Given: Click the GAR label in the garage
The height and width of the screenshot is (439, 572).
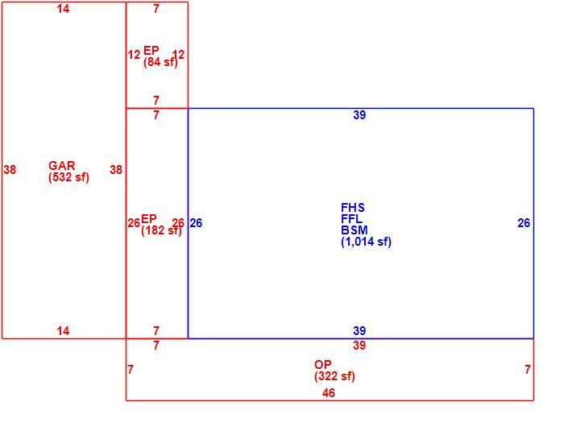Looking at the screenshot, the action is pos(62,166).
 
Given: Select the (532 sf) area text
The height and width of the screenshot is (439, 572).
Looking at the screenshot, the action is pos(68,177).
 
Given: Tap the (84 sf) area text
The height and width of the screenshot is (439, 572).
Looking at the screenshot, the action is pos(160,62).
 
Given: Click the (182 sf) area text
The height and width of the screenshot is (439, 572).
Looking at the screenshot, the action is pos(161,230).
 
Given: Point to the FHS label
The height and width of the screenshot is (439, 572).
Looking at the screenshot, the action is pos(352,208).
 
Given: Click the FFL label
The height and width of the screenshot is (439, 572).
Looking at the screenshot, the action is pos(352,219).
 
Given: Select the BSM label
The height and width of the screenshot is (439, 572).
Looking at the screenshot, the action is pos(354,230).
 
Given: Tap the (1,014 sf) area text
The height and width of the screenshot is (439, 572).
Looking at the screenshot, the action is pos(366,242).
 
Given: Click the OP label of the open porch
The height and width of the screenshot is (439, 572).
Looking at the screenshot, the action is pos(323,364).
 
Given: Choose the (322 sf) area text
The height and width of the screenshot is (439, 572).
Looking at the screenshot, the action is pos(334,376).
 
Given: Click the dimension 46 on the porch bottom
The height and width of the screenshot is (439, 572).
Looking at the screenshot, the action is pos(329,393).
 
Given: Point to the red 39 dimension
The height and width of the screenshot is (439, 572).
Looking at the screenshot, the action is pos(359,346).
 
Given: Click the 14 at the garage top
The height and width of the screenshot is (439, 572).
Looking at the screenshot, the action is pos(63,8).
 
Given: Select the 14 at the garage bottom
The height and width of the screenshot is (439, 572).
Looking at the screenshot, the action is pos(63,331).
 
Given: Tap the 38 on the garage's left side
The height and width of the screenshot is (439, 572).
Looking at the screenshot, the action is pos(10,169).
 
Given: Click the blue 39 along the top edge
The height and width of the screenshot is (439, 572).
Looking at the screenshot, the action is pos(359,115).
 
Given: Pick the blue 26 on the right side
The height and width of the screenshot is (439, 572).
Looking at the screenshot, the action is pos(524,223).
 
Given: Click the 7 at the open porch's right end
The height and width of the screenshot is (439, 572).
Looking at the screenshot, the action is pos(528,370).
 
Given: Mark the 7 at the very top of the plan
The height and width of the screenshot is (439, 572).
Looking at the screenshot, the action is pos(156,8).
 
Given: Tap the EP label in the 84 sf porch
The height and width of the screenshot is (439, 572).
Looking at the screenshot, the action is pos(151,50).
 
